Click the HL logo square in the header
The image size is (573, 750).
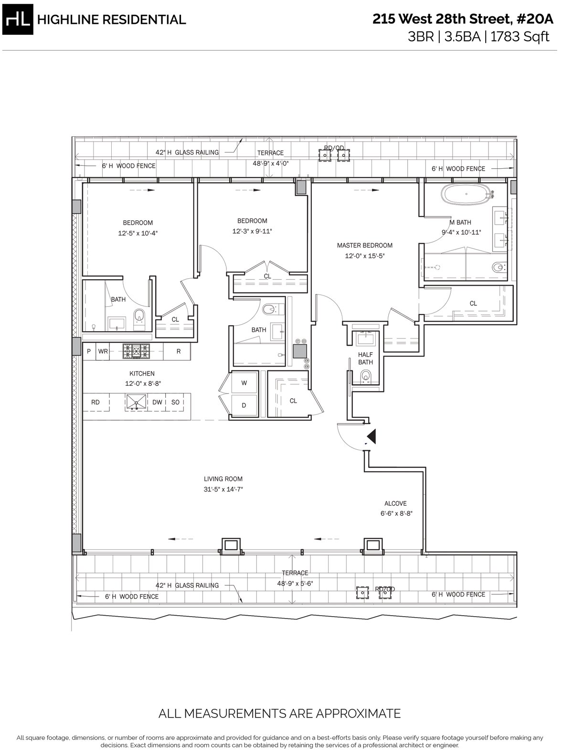click(x=18, y=19)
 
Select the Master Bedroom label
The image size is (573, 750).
click(x=364, y=245)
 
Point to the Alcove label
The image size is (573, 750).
click(x=395, y=503)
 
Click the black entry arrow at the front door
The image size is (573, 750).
click(x=371, y=435)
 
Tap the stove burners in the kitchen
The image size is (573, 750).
click(x=136, y=351)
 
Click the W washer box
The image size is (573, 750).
click(x=244, y=382)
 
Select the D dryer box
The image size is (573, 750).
click(x=244, y=405)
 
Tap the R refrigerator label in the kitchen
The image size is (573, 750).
click(x=178, y=351)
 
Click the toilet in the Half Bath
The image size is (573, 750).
click(x=366, y=378)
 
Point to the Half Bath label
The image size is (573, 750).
click(x=365, y=358)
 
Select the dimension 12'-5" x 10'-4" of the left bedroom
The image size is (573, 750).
click(x=138, y=233)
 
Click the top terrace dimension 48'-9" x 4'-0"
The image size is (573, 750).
click(x=270, y=163)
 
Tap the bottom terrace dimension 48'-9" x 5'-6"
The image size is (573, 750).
click(x=295, y=583)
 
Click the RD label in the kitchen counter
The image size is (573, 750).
click(x=95, y=402)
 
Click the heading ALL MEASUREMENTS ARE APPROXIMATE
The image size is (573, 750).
click(x=279, y=714)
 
